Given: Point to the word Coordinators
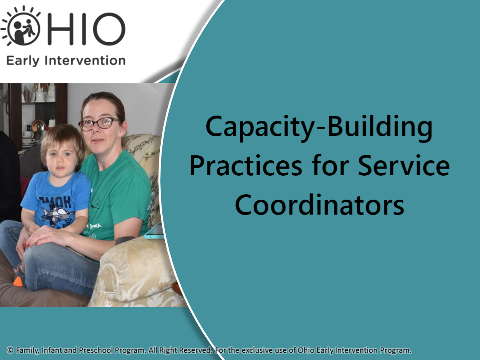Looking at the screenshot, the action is point(319,205).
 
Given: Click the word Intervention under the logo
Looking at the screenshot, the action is point(85,60).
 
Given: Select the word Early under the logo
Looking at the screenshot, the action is point(23,61).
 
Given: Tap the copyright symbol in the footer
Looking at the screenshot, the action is point(10,350).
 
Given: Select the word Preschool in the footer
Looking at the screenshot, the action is point(96,350).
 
